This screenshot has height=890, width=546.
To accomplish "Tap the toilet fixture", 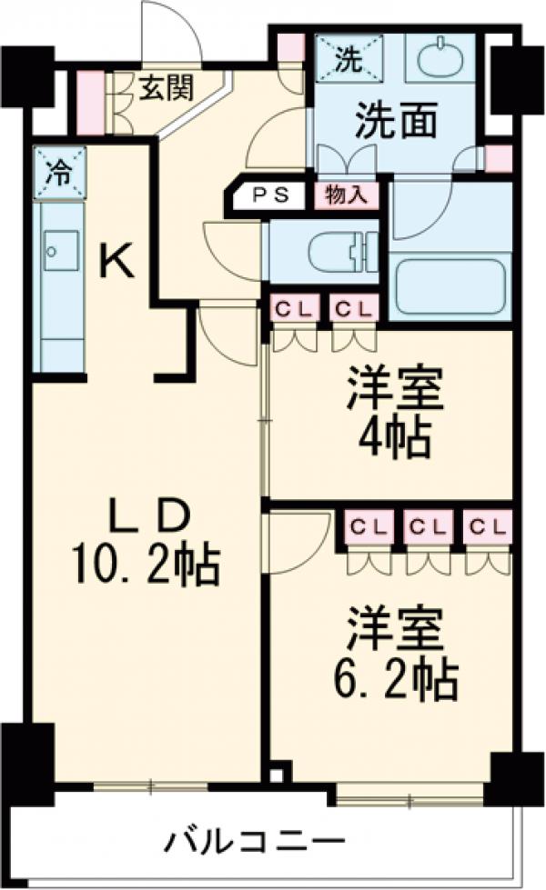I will pos(337,252).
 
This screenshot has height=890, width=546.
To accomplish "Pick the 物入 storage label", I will pos(346,195).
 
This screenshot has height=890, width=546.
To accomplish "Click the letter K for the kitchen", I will pos(117,264).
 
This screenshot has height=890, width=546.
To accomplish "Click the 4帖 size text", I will pos(394,439).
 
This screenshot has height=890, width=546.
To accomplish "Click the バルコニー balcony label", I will pos(254,839).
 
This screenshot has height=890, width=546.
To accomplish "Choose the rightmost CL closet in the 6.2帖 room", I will pos(487,526).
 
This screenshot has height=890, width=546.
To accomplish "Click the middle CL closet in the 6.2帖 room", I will pos(428,526).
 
